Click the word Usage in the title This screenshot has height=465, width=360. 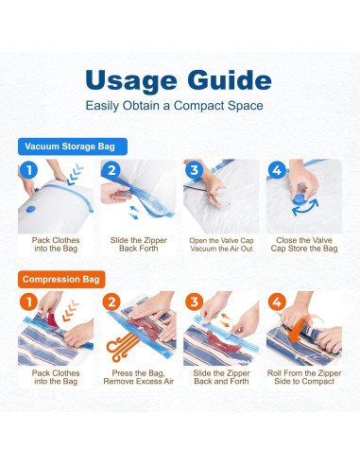[131, 81]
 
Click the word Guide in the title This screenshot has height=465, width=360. [230, 79]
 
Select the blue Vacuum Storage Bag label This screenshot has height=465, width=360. [73, 146]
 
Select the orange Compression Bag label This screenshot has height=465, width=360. [61, 280]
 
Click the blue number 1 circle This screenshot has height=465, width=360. [28, 170]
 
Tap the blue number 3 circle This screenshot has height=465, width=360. [194, 170]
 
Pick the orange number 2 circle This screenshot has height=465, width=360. [111, 302]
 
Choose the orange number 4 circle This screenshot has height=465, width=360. [277, 302]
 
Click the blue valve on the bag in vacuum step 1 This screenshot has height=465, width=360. [31, 209]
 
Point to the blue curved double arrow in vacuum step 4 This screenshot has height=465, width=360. [305, 208]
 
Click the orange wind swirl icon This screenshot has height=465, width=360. [121, 347]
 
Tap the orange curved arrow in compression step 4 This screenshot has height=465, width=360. [304, 330]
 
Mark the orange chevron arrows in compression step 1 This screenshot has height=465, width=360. [70, 310]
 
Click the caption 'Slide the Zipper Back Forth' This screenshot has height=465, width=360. [139, 244]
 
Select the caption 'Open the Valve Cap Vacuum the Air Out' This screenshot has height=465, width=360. [221, 245]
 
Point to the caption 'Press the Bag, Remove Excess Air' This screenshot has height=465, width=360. [139, 377]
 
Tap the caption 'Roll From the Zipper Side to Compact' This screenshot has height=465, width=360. [304, 377]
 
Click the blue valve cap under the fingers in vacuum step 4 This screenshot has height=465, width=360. [300, 198]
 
